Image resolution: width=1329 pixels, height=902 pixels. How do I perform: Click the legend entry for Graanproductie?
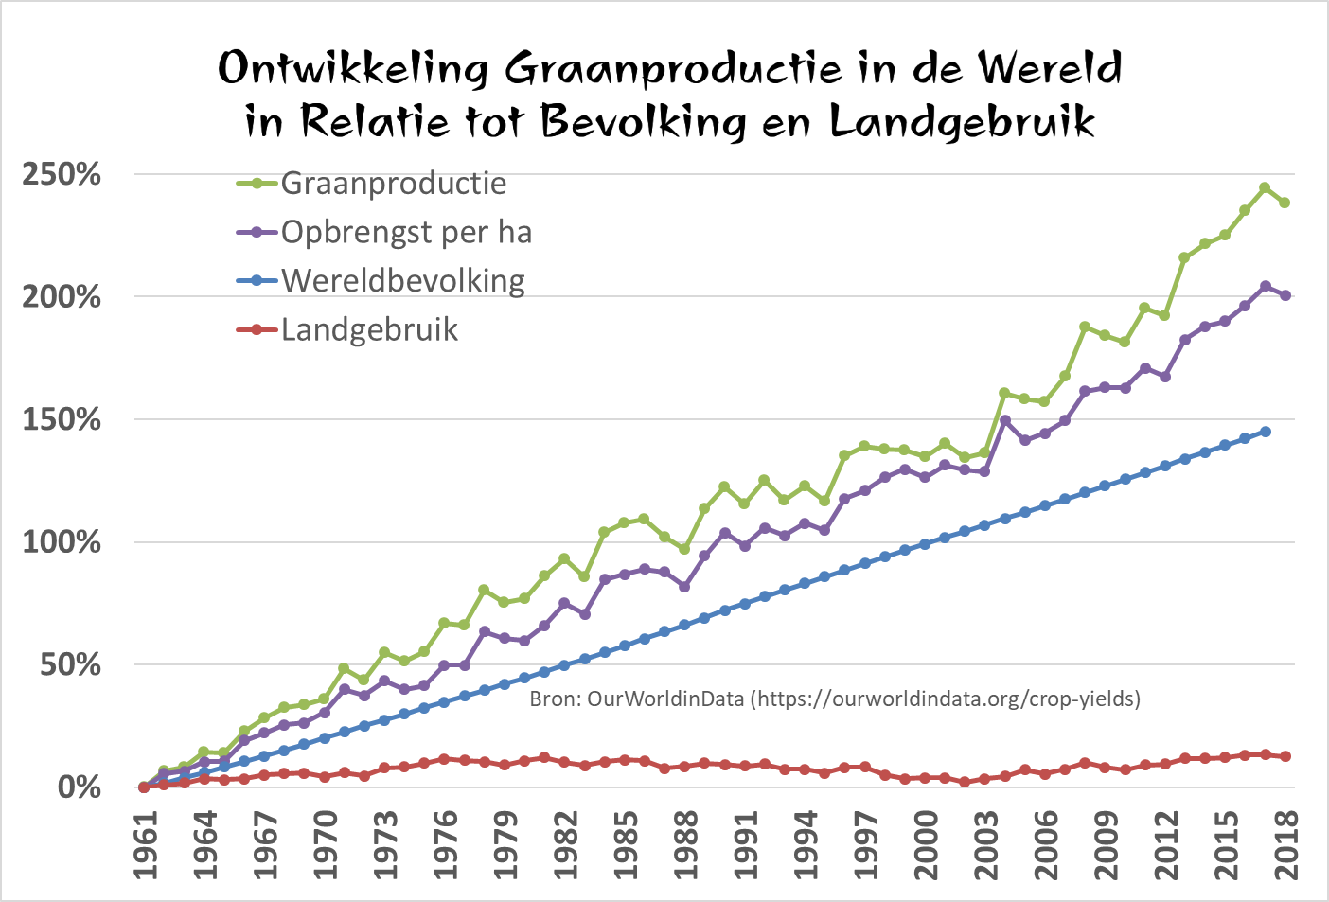pos(393,183)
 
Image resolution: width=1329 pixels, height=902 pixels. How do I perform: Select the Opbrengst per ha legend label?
pos(406,232)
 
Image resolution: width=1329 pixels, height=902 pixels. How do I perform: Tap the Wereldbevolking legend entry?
pos(402,281)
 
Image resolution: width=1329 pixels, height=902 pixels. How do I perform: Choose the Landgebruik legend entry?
pos(369,329)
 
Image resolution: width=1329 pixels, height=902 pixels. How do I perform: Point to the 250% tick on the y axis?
pos(62,174)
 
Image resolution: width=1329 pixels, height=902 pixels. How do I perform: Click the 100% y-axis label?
pos(62,542)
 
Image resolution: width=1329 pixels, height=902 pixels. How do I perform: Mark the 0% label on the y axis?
pos(80,787)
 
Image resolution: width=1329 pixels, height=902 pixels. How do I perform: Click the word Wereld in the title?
pos(1050,68)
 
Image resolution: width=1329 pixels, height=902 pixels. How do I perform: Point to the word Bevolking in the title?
pos(644,121)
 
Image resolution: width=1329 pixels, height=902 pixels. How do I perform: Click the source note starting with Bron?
pos(834,699)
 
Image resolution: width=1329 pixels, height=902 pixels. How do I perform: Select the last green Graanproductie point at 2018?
pos(1285,203)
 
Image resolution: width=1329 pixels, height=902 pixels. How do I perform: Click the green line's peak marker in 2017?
pos(1265,187)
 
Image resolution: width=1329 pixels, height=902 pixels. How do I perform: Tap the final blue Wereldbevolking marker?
pos(1266,432)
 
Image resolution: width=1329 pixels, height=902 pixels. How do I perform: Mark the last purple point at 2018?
pos(1285,295)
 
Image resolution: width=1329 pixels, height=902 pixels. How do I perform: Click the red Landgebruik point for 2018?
pos(1285,756)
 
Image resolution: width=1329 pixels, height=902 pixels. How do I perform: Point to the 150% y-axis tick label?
pos(62,419)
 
